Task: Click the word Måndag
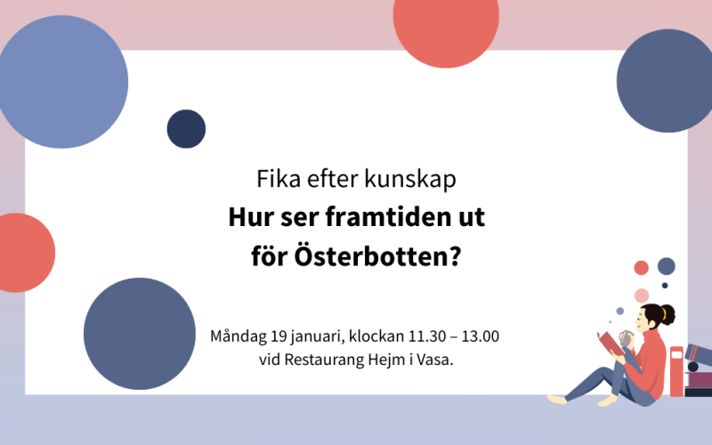pyautogui.click(x=237, y=337)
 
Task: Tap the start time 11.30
pyautogui.click(x=425, y=337)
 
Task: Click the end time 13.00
pyautogui.click(x=481, y=337)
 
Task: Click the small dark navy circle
pyautogui.click(x=186, y=129)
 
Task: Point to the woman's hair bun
pyautogui.click(x=667, y=313)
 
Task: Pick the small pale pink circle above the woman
pyautogui.click(x=641, y=295)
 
